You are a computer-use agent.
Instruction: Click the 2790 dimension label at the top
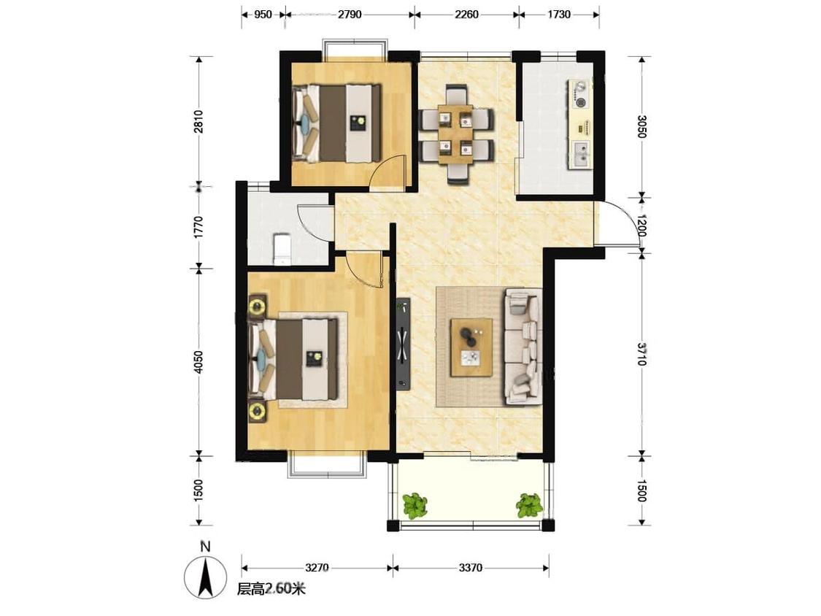(350, 14)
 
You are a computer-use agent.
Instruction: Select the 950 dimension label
(263, 14)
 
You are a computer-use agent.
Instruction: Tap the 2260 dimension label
(466, 14)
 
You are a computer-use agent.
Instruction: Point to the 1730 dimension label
(559, 14)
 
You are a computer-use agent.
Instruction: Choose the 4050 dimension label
(198, 362)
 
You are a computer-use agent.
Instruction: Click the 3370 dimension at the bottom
(470, 567)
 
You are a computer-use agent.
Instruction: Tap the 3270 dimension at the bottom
(316, 567)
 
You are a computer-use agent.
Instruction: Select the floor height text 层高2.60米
(271, 589)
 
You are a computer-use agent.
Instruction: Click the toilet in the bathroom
(282, 249)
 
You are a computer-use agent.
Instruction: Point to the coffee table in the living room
(471, 347)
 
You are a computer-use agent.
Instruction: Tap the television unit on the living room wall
(403, 344)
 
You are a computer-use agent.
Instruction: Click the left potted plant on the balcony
(415, 505)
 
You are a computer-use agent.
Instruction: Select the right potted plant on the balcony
(529, 505)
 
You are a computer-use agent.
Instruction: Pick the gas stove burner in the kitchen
(580, 101)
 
